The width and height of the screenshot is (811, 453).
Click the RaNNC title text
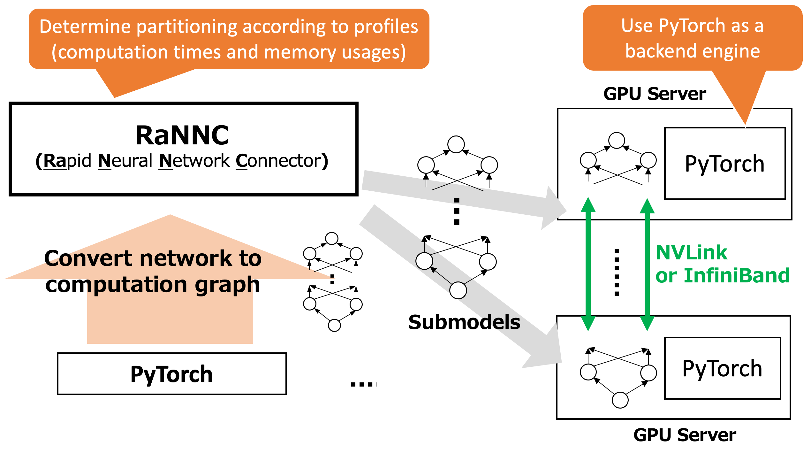(x=182, y=135)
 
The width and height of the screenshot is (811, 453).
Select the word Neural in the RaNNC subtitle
(x=125, y=161)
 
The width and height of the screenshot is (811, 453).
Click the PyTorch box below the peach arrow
(x=172, y=374)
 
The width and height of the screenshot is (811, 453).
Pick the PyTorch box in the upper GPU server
(x=724, y=164)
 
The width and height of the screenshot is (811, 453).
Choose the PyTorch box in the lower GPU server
(x=722, y=368)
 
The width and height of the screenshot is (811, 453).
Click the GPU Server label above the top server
(x=655, y=94)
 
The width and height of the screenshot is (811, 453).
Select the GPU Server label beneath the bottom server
(x=685, y=435)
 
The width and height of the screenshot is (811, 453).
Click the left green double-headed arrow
(x=588, y=264)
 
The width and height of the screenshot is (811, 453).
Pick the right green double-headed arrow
(x=647, y=264)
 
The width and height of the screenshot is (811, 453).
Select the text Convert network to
(x=153, y=258)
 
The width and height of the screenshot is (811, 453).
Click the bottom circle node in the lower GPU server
(x=620, y=400)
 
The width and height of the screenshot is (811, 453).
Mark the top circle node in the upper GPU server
(x=617, y=140)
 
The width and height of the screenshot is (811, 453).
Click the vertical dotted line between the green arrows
(x=617, y=272)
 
